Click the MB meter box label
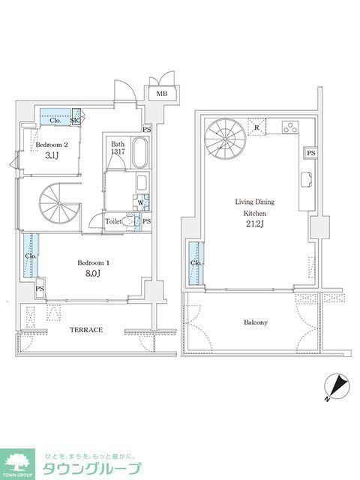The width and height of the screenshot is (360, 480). click(162, 94)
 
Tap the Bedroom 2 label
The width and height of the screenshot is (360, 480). click(52, 145)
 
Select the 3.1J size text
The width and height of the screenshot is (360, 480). click(52, 155)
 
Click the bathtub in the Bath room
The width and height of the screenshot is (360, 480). click(139, 152)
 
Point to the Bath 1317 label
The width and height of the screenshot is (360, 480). click(118, 147)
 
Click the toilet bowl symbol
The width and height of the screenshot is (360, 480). click(127, 221)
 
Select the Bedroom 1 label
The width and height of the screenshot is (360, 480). click(93, 262)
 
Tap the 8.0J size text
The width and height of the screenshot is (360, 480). click(93, 273)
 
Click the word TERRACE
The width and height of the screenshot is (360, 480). click(86, 330)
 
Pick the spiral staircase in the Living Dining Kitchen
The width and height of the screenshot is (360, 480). click(225, 139)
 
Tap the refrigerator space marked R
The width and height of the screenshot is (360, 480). click(256, 127)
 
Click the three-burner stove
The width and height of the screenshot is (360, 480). click(290, 127)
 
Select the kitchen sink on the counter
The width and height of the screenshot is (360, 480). click(307, 179)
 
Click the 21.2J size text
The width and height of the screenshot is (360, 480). click(255, 224)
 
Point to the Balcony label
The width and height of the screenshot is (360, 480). click(256, 322)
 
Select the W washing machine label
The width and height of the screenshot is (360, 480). click(140, 202)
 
